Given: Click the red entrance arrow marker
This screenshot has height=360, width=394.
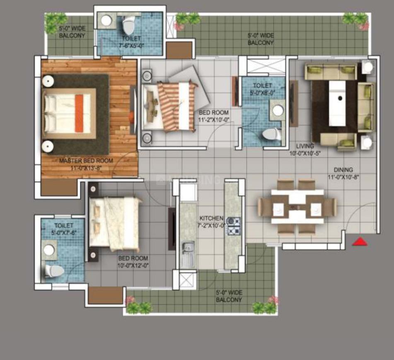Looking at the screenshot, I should [360, 242].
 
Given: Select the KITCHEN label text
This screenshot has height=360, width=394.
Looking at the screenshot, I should [211, 218].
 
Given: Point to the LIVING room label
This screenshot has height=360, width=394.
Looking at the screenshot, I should [305, 146].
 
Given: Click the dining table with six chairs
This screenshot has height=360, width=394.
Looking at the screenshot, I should [297, 206].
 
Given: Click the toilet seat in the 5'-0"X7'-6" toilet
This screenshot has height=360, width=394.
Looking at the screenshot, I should [54, 271].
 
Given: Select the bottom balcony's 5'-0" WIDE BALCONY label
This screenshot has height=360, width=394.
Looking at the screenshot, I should [229, 296].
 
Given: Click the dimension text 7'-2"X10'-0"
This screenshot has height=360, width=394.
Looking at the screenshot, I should [211, 225].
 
